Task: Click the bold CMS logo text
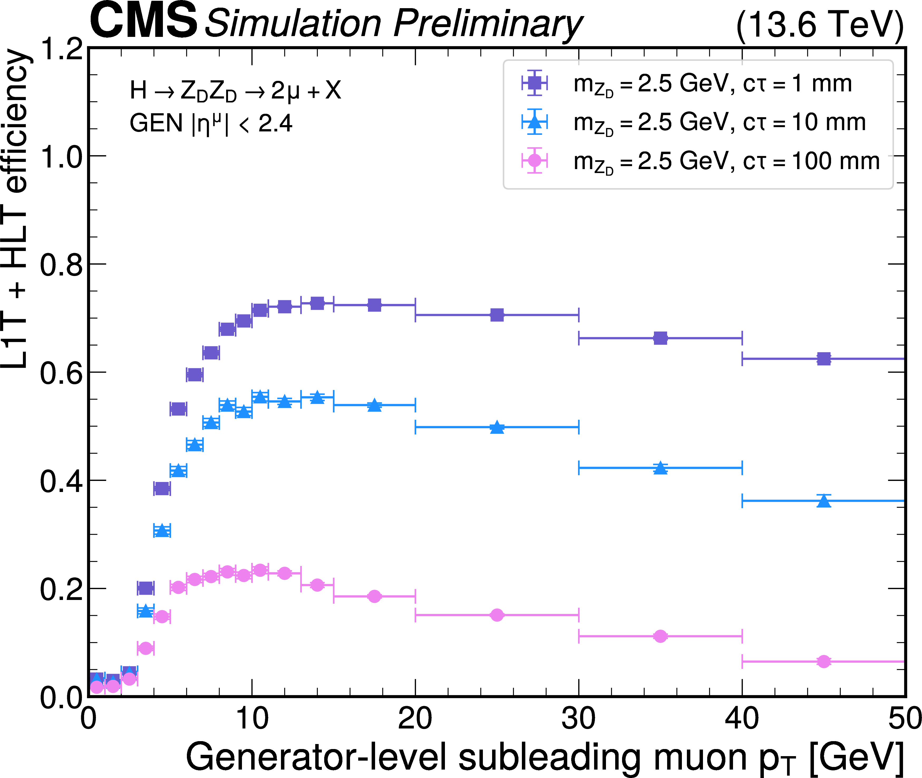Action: coord(143,21)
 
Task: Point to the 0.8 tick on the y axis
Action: coord(61,265)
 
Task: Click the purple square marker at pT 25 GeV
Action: coord(497,315)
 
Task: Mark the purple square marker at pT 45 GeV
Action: coord(824,358)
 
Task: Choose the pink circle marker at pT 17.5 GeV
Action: coord(374,596)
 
